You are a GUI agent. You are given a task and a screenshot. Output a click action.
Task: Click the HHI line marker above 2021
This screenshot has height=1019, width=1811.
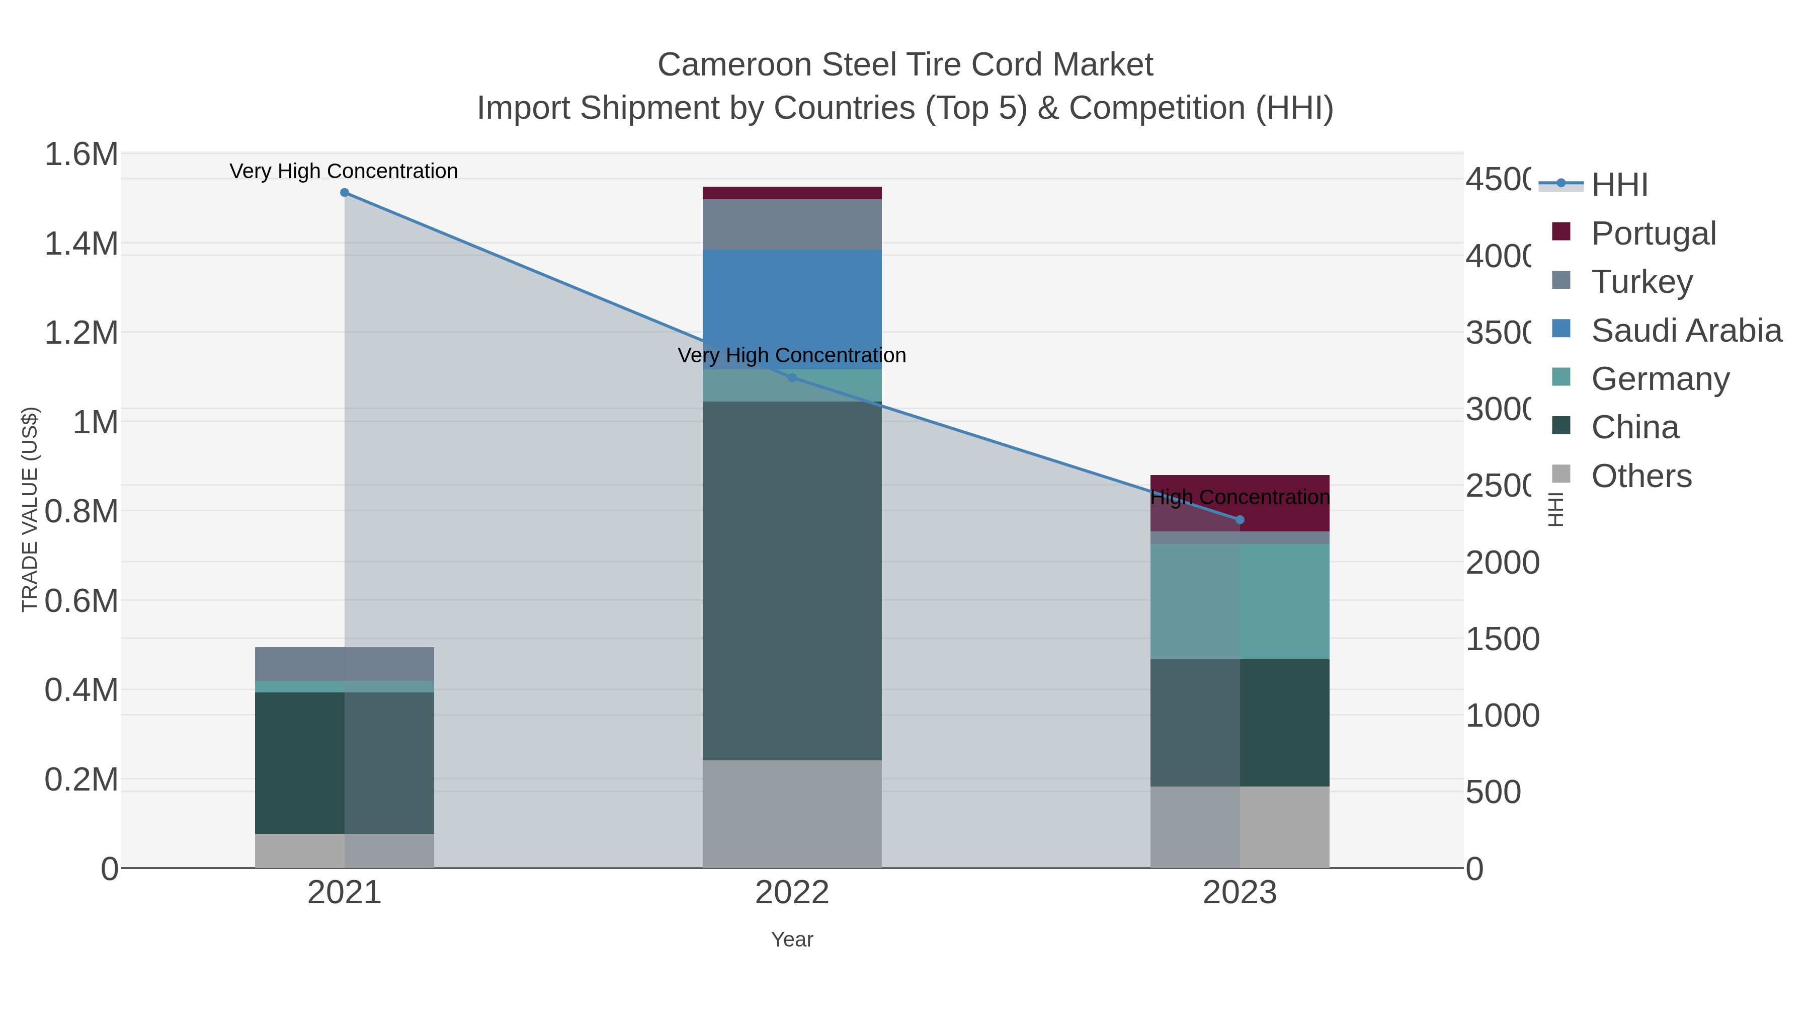[x=345, y=193]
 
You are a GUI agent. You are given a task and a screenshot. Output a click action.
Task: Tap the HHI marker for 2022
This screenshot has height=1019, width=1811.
[x=792, y=377]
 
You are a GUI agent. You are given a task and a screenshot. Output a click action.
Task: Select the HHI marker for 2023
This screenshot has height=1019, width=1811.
[x=1240, y=520]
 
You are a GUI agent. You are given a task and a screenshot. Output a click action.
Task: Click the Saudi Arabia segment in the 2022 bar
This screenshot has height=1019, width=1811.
[x=792, y=309]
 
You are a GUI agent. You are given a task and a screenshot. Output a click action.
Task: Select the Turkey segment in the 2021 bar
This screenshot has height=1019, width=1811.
[x=345, y=663]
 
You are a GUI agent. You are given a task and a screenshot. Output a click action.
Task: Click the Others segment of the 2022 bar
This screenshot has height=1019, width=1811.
[x=792, y=814]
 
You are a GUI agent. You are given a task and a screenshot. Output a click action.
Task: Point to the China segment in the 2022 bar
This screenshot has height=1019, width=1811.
[x=792, y=580]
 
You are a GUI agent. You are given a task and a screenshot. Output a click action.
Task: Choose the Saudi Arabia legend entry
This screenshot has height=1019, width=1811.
[x=1686, y=331]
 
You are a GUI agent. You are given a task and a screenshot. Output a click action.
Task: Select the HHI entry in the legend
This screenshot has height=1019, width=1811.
[x=1619, y=185]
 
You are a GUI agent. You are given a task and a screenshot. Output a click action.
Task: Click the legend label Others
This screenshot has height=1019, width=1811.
[x=1641, y=476]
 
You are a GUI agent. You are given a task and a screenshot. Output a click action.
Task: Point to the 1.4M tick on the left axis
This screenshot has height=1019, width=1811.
[x=81, y=244]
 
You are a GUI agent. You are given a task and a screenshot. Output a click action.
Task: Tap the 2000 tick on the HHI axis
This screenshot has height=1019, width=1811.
[x=1502, y=563]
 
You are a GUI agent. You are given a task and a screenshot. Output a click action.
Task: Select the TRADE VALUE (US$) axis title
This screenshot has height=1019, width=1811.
[x=30, y=509]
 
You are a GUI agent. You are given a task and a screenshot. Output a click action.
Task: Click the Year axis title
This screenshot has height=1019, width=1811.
[x=792, y=939]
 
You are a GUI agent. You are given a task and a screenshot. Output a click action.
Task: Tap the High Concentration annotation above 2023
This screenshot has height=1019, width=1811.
[x=1240, y=497]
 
